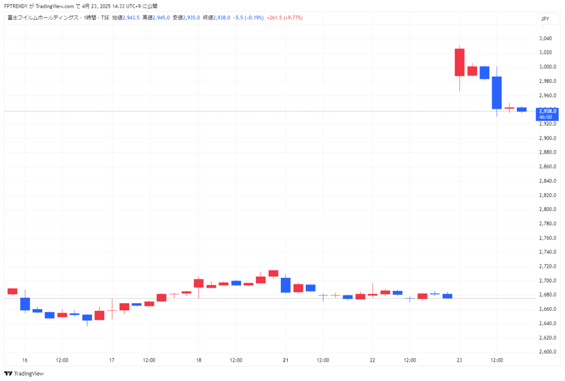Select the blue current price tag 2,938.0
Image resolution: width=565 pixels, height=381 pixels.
tap(547, 111)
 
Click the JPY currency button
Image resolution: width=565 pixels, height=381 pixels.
tap(545, 19)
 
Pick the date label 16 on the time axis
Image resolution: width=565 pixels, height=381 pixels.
tap(25, 360)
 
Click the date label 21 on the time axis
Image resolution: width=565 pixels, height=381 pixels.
tap(286, 360)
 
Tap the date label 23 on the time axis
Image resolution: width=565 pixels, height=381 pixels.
tap(459, 360)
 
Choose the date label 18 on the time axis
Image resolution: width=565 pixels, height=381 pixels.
tap(199, 360)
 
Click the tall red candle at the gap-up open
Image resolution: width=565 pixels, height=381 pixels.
tap(459, 62)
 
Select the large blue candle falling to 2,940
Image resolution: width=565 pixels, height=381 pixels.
tap(497, 92)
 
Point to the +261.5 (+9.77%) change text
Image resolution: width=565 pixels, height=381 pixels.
tap(284, 18)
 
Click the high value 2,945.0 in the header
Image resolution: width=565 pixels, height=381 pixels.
tap(160, 18)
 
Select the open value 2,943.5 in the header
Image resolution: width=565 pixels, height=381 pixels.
tap(130, 18)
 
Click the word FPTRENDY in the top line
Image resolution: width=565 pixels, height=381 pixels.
tap(17, 6)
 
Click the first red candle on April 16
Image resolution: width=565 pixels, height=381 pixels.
tap(12, 292)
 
